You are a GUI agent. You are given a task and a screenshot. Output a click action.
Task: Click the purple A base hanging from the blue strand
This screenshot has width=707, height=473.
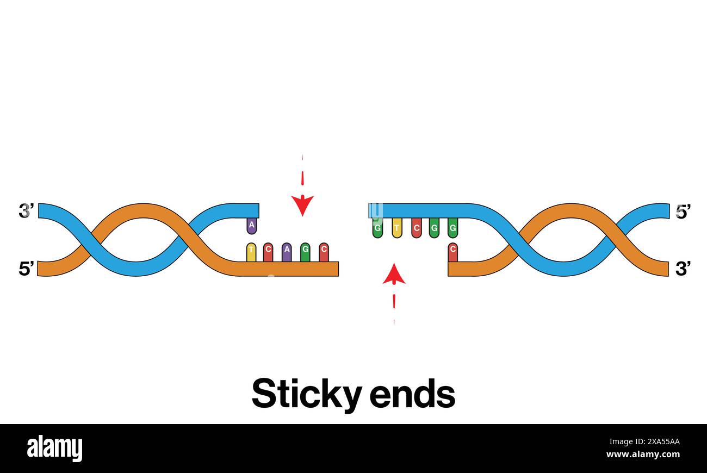point(251,225)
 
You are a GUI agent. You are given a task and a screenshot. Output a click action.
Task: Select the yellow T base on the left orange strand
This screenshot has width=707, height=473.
point(251,251)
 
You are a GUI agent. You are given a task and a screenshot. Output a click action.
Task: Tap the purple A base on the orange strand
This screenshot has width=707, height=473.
point(287,251)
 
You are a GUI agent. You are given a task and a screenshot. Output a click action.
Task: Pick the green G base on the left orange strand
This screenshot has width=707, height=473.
point(305,251)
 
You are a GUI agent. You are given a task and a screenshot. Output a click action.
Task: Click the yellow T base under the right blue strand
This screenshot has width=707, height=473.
point(397,228)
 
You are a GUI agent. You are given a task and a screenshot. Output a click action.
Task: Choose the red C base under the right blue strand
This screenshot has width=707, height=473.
point(416,228)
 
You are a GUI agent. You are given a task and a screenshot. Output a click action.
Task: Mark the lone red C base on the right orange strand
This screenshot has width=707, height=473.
point(452,252)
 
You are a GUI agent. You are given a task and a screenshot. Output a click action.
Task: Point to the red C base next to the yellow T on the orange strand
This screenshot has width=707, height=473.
point(268,251)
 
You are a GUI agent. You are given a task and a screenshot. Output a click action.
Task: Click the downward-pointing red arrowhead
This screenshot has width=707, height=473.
point(302,205)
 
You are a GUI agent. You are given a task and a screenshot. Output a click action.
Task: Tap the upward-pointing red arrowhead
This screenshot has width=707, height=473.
point(394,275)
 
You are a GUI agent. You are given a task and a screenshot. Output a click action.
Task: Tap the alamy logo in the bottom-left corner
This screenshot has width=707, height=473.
point(55,449)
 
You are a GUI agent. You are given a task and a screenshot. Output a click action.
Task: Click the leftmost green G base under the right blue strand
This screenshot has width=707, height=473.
point(377,228)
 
